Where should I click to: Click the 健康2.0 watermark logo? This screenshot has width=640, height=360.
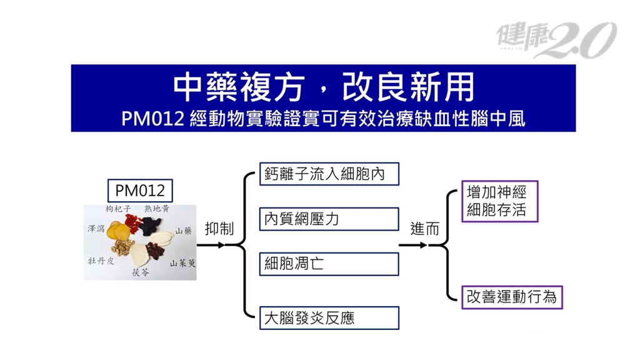pyautogui.click(x=556, y=39)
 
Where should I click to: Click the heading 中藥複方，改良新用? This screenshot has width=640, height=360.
pyautogui.click(x=323, y=87)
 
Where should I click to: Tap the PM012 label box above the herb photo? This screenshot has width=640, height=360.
pyautogui.click(x=140, y=191)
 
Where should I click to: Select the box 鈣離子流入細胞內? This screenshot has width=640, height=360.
pyautogui.click(x=329, y=174)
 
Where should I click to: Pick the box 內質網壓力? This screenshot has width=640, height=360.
pyautogui.click(x=329, y=219)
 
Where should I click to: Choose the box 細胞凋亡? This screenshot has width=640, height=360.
pyautogui.click(x=329, y=264)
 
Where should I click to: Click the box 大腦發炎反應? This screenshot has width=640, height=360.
pyautogui.click(x=329, y=318)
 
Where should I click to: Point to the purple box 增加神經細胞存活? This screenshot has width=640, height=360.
pyautogui.click(x=499, y=201)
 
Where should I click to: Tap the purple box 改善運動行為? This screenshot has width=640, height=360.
pyautogui.click(x=512, y=297)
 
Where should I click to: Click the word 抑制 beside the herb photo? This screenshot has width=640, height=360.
pyautogui.click(x=219, y=229)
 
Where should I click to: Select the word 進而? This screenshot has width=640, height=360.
pyautogui.click(x=424, y=229)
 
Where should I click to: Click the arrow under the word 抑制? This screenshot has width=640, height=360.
pyautogui.click(x=211, y=245)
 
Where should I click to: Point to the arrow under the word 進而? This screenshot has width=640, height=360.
pyautogui.click(x=412, y=245)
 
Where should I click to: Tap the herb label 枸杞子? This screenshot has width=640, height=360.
pyautogui.click(x=118, y=209)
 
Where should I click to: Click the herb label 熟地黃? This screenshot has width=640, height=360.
pyautogui.click(x=157, y=209)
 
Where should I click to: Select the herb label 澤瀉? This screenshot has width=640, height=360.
pyautogui.click(x=96, y=229)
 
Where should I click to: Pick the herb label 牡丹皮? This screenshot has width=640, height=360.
pyautogui.click(x=101, y=261)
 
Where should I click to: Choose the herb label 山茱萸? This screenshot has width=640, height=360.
pyautogui.click(x=183, y=263)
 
